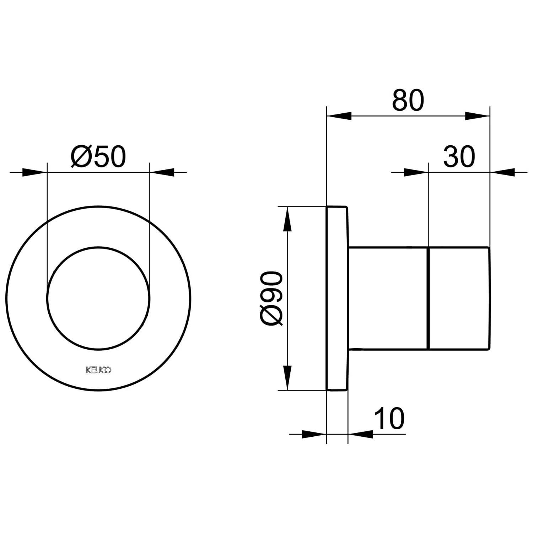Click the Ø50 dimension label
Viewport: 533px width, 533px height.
(98, 157)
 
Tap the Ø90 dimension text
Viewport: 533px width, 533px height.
(271, 298)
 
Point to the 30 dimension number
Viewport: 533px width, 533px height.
(459, 157)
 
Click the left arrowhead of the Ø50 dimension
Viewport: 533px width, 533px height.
(34, 172)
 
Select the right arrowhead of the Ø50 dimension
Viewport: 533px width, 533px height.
(162, 172)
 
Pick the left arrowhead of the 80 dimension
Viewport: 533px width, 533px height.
(339, 116)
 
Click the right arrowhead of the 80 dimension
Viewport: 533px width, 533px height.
(477, 116)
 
